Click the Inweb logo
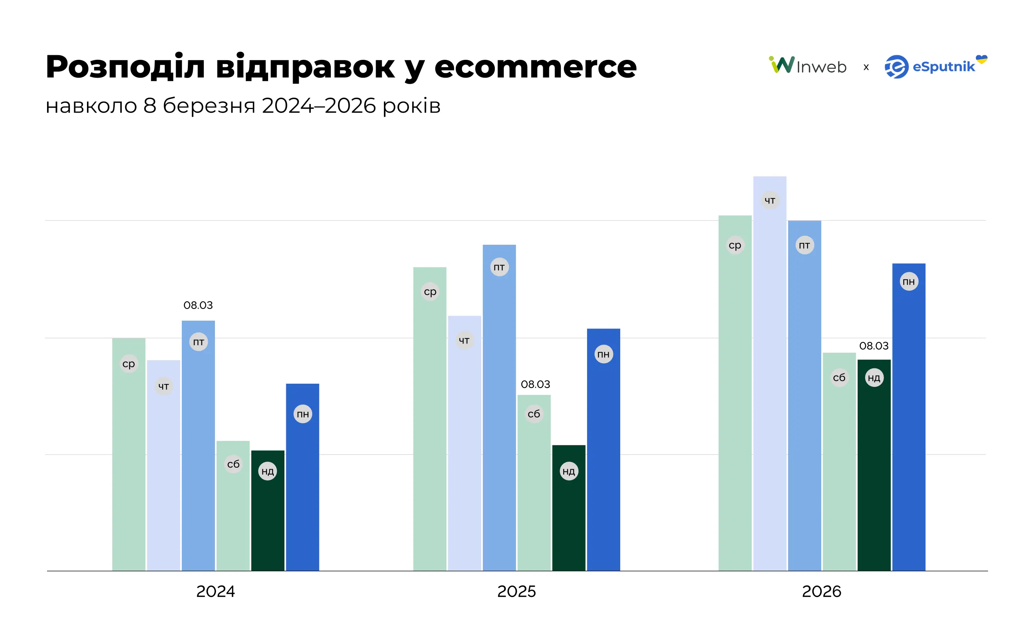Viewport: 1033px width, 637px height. click(x=807, y=66)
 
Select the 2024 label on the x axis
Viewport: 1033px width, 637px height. click(x=215, y=591)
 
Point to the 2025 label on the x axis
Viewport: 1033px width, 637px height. click(x=516, y=591)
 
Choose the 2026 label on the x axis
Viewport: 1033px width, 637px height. click(x=821, y=591)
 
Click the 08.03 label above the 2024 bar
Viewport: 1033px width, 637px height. click(x=198, y=305)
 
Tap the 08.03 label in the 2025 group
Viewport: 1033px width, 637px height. click(x=535, y=384)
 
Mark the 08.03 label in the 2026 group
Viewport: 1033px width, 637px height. click(x=874, y=346)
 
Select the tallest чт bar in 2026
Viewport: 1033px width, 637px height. click(x=770, y=379)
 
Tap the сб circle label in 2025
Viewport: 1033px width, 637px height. click(x=534, y=414)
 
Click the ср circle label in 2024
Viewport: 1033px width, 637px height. click(x=129, y=364)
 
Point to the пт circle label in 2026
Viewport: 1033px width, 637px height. click(x=804, y=245)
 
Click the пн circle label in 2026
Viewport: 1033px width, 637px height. click(x=909, y=281)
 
